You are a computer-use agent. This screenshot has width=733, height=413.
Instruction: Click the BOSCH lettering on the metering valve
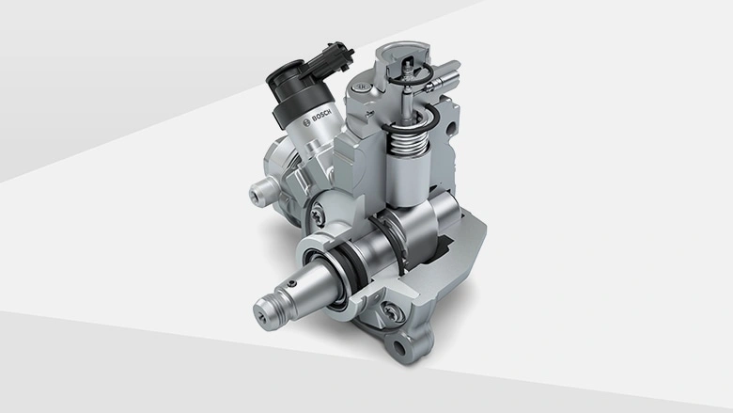(321, 115)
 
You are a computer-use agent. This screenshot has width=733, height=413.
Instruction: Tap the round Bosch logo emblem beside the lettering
(306, 122)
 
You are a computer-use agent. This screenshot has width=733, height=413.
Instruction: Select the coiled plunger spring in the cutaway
(409, 139)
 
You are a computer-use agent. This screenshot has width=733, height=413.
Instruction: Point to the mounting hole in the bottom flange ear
(399, 348)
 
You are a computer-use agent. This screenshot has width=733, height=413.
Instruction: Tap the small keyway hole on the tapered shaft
(292, 283)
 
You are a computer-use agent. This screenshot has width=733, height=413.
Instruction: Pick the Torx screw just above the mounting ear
(391, 310)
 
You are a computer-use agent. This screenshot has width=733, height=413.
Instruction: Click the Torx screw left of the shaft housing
(316, 215)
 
